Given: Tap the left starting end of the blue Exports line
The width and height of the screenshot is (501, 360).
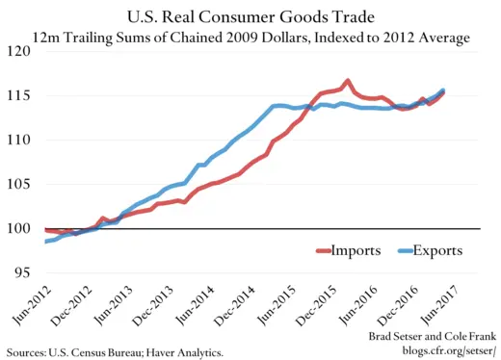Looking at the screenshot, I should click(46, 241).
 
